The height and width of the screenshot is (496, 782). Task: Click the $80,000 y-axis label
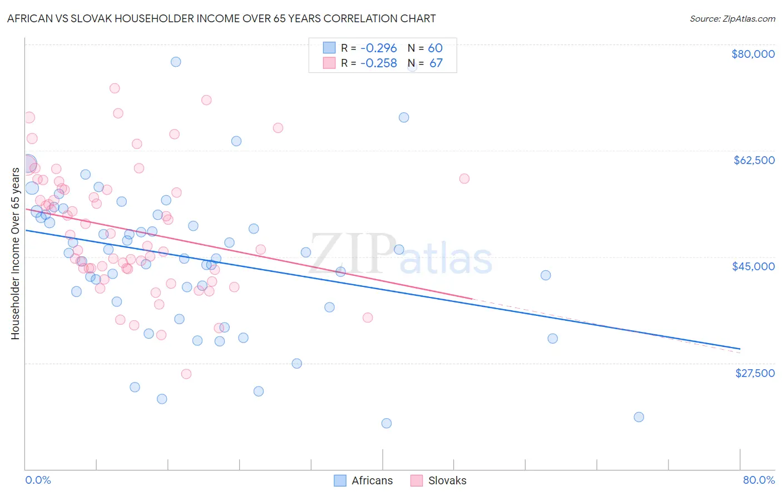click(x=753, y=54)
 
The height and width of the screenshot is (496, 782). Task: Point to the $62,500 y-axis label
click(x=754, y=160)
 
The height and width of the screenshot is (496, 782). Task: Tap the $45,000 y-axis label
click(x=753, y=266)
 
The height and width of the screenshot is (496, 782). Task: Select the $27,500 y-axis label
click(x=755, y=373)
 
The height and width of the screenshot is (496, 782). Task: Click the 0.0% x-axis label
click(x=38, y=480)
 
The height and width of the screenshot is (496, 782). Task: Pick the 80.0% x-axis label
click(x=759, y=480)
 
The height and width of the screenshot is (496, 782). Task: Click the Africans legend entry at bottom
click(x=363, y=480)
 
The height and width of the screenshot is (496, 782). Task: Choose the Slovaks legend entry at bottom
click(x=438, y=480)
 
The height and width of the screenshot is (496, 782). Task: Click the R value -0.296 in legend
click(x=378, y=48)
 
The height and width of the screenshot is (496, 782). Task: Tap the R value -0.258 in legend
click(x=378, y=63)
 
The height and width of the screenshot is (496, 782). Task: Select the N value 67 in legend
click(x=435, y=63)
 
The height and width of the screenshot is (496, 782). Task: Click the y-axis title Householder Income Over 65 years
click(x=15, y=254)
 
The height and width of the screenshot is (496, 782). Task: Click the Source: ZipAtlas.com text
click(x=732, y=18)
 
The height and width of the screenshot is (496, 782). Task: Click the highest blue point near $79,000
click(x=176, y=62)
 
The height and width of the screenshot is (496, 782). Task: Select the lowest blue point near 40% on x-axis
click(x=387, y=423)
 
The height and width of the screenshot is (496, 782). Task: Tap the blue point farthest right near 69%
click(x=639, y=417)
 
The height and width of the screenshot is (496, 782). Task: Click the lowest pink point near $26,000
click(x=186, y=374)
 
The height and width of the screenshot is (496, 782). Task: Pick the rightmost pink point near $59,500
click(x=464, y=178)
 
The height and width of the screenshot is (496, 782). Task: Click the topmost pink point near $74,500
click(x=115, y=88)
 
